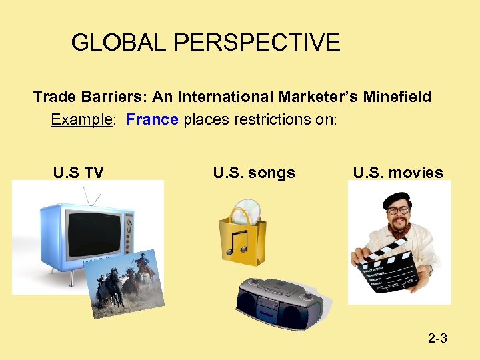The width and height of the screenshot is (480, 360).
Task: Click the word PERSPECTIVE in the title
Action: (x=257, y=43)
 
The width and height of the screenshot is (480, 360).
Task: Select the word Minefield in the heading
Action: (x=397, y=97)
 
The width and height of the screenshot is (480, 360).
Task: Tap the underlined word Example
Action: (x=79, y=120)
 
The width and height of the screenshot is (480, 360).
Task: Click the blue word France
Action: (x=152, y=120)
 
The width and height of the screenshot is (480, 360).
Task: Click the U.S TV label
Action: (x=78, y=173)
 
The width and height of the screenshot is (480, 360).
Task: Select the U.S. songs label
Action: (x=254, y=173)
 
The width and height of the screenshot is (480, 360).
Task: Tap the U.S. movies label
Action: (x=398, y=173)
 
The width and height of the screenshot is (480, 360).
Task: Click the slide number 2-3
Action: (x=437, y=339)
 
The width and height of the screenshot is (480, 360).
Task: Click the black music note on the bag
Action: (x=238, y=242)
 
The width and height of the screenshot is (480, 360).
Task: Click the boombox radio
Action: (x=279, y=304)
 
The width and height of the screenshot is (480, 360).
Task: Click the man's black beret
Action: (x=398, y=199)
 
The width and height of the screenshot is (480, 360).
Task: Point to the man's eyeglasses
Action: (x=399, y=211)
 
